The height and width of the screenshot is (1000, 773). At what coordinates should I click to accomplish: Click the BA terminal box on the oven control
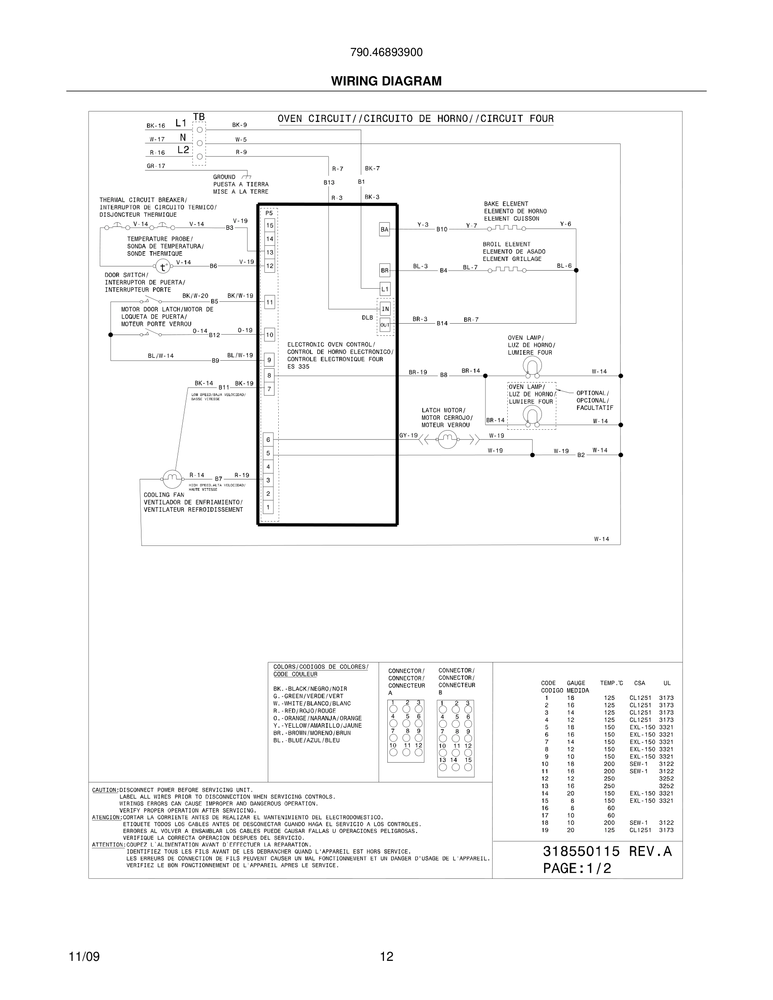[385, 229]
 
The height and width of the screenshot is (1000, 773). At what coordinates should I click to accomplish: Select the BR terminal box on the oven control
[385, 270]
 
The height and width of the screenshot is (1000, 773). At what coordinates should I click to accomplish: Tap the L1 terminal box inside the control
[385, 289]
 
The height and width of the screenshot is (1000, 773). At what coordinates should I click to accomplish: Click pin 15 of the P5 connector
[270, 225]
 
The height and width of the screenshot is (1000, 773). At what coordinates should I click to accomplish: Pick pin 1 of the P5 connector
[268, 507]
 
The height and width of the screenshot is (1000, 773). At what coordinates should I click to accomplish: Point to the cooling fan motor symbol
[172, 479]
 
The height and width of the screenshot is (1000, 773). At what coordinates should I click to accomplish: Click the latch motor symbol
[448, 439]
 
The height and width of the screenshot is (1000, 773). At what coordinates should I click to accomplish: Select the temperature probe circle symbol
[162, 266]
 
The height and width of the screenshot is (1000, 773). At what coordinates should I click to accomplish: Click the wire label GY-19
[408, 436]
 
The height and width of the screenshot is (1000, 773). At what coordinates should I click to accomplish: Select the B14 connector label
[442, 323]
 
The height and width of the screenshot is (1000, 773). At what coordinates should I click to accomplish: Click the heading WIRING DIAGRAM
[386, 81]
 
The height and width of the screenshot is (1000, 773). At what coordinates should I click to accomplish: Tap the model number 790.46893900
[386, 53]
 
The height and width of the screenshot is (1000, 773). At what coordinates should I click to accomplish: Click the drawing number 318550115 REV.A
[607, 851]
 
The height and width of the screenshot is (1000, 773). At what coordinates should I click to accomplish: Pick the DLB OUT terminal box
[385, 324]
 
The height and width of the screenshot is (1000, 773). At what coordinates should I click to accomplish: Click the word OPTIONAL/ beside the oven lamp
[592, 393]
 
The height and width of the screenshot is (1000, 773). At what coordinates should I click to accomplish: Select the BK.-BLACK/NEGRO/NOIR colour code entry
[310, 689]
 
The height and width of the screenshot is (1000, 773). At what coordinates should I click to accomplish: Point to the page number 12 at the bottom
[386, 957]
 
